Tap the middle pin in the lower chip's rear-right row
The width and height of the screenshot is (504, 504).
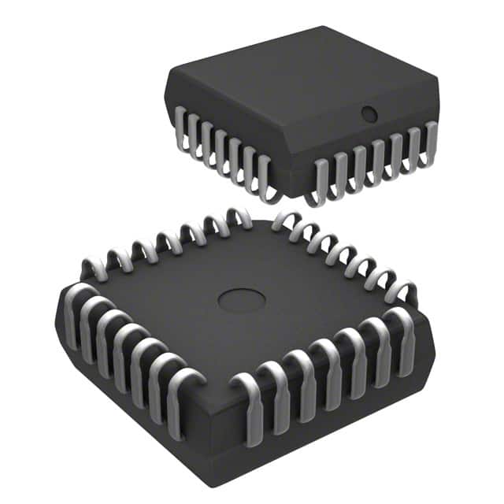[339, 250]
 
